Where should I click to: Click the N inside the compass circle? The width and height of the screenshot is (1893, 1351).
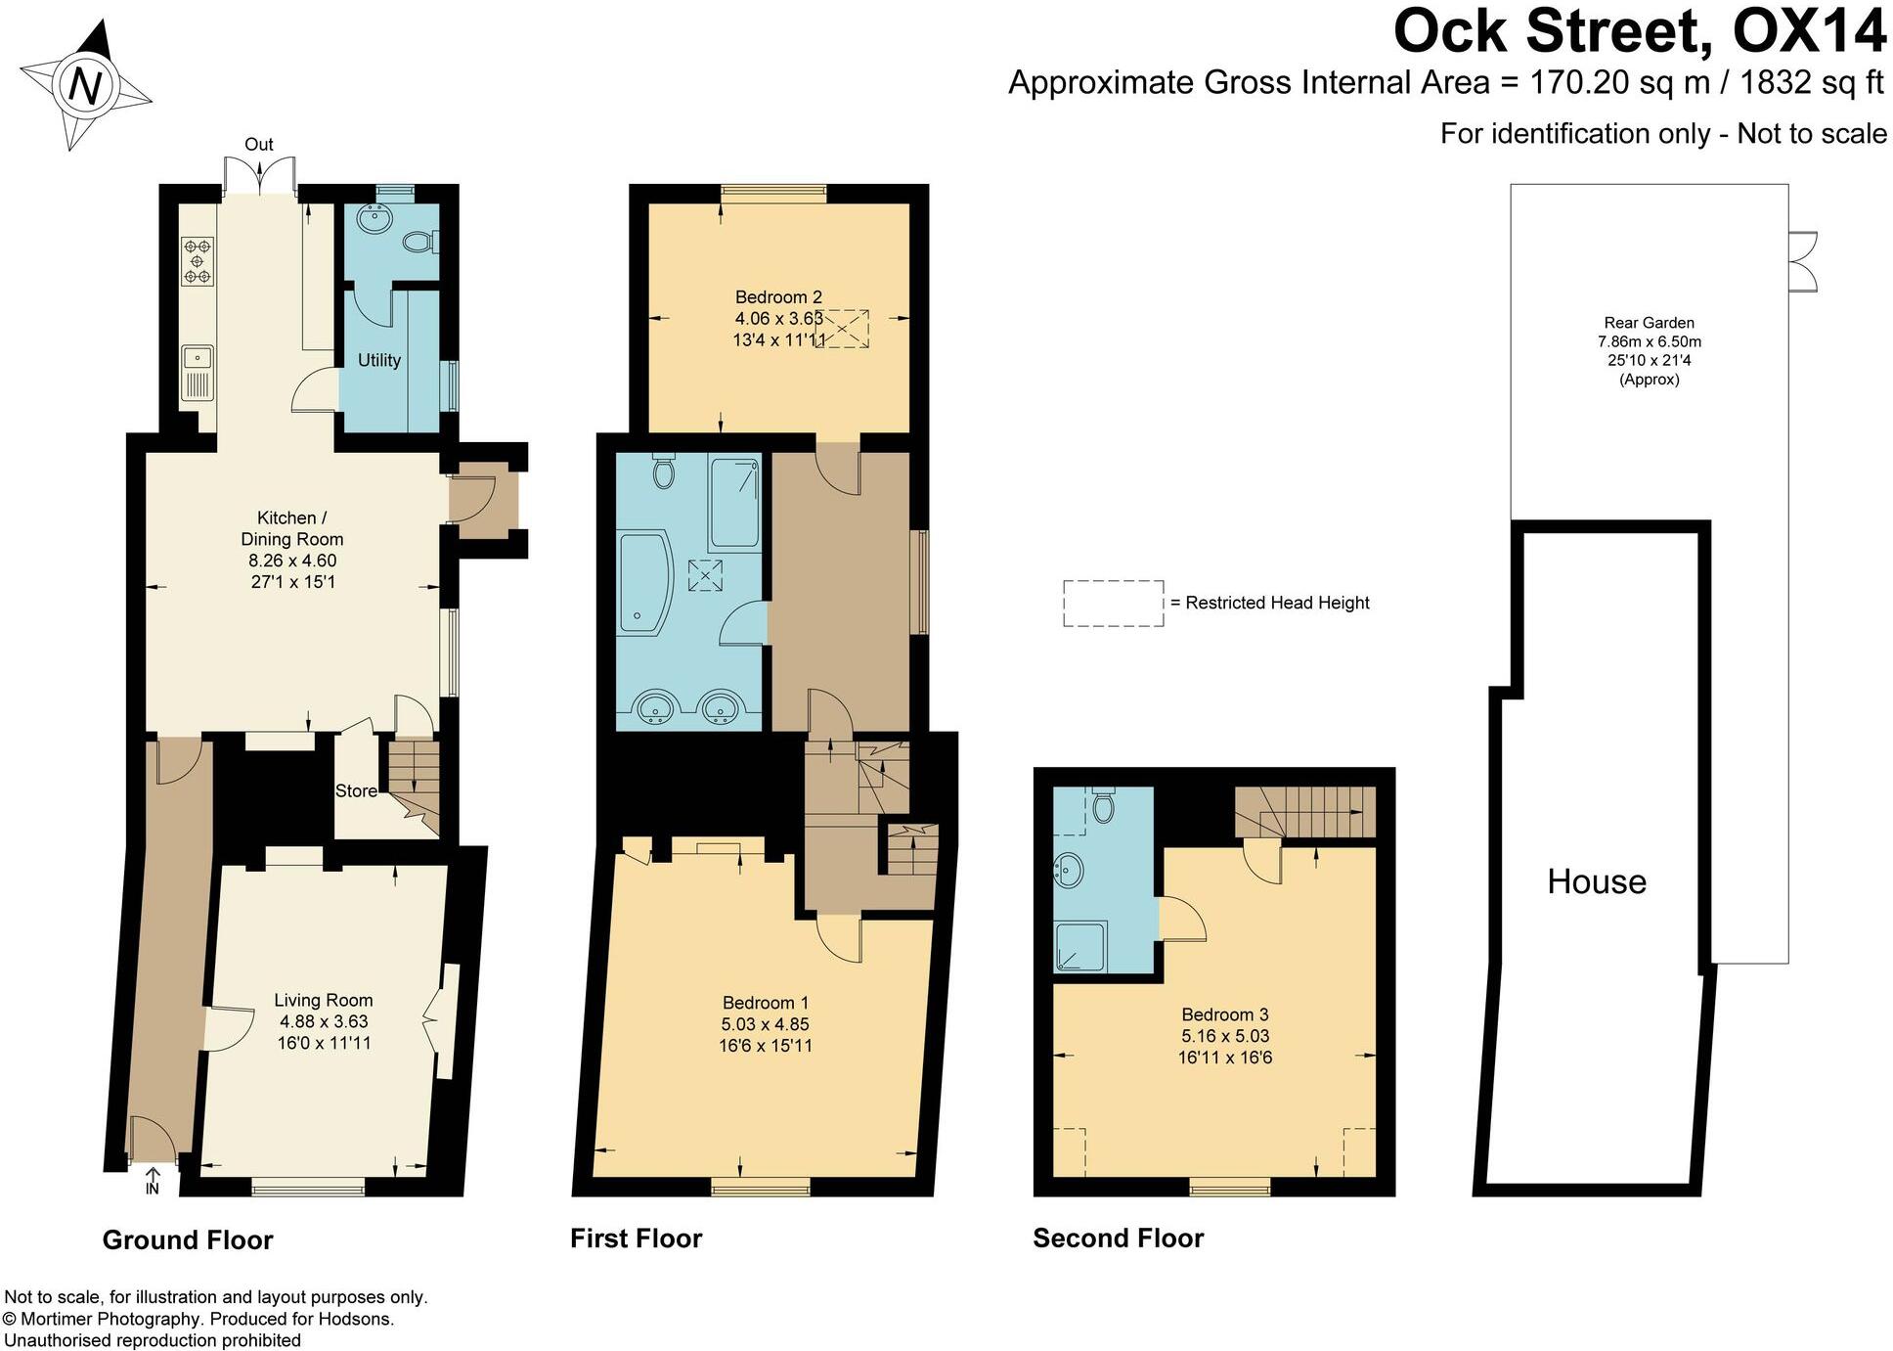pos(86,86)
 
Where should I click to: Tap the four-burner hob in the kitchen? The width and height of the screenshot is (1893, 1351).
pos(197,261)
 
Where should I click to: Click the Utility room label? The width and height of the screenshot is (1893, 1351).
pos(379,360)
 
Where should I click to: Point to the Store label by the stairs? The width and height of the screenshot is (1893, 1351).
pos(356,790)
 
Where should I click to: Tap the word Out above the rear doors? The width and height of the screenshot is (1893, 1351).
pos(258,145)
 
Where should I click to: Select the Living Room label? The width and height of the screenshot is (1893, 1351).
pos(323,1000)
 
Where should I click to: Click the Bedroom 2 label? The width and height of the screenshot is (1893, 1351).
pos(778,296)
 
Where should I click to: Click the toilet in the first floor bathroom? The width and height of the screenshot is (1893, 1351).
pos(663,473)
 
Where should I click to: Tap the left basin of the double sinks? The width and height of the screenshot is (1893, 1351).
pos(653,706)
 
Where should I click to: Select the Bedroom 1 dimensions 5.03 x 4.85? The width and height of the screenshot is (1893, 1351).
pos(766,1024)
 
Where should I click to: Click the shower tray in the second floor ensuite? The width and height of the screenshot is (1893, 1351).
pos(1080,946)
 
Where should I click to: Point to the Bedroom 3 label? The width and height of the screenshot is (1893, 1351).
pos(1225,1014)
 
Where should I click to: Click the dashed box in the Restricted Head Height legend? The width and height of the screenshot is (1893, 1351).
pos(1113,603)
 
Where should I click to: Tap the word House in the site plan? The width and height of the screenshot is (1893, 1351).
pos(1596,882)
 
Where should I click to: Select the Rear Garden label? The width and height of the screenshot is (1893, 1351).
pos(1649,323)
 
